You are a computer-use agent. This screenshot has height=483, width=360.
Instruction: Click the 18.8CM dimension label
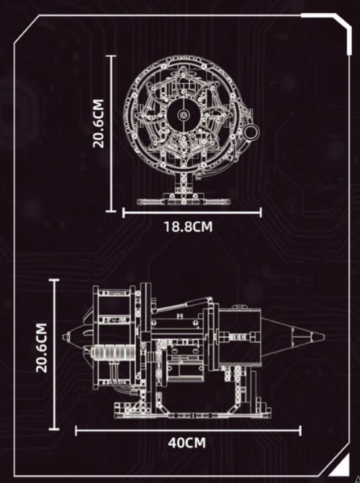(x=188, y=227)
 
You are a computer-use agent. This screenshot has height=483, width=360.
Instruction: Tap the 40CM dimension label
(x=187, y=443)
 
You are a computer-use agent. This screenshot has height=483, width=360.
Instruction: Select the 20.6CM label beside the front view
(x=98, y=123)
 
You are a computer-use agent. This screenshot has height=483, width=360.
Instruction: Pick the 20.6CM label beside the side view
(x=42, y=348)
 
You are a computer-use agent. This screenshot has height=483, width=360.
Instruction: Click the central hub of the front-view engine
(x=184, y=115)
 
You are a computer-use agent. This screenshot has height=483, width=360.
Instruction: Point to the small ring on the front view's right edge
(x=251, y=132)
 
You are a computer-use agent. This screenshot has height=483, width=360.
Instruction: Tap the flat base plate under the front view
(x=184, y=202)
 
